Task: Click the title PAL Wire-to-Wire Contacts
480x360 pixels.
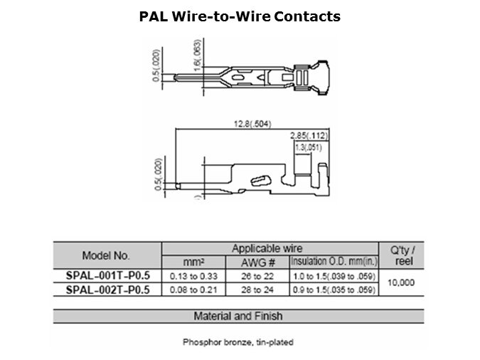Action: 240,16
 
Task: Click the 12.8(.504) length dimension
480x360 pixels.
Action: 252,124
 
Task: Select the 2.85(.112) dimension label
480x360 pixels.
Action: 309,135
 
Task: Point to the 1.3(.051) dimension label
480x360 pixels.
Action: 309,148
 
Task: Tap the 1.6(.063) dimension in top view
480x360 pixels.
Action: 198,55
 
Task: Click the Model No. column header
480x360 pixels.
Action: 106,255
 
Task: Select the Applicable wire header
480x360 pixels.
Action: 267,248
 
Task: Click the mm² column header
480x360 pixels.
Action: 193,263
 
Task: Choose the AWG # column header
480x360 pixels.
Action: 257,263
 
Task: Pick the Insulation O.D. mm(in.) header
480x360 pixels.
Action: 334,262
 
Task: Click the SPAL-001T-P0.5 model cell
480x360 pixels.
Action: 108,276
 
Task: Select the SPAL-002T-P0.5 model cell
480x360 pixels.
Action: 108,290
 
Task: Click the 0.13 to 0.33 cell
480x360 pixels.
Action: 193,276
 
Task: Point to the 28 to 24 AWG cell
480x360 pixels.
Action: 257,290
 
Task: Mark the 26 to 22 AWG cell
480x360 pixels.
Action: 257,276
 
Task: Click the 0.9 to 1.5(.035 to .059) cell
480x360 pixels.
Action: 334,290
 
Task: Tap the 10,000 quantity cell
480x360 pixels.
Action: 401,282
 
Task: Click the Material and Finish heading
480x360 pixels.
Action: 238,316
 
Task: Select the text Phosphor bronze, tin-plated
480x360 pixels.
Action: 238,342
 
